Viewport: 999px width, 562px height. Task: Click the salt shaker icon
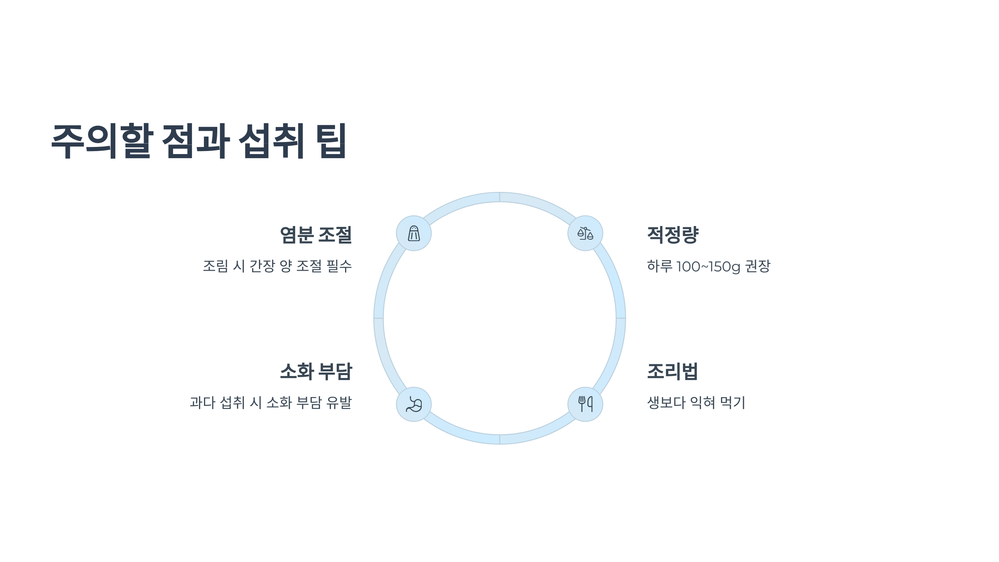[414, 233]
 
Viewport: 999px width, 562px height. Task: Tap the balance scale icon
[585, 233]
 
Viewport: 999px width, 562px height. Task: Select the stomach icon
[414, 404]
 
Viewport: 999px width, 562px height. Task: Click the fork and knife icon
[585, 404]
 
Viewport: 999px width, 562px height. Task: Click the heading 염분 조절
[316, 235]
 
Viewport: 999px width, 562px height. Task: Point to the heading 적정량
[673, 235]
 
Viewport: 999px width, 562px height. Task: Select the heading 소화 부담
[316, 371]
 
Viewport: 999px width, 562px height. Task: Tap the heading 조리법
[672, 371]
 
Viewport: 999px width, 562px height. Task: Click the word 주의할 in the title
[102, 141]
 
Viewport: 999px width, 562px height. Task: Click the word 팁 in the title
[331, 141]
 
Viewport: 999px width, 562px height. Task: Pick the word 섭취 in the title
[271, 141]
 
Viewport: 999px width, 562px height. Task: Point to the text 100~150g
[708, 266]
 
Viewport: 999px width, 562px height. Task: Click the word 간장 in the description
[262, 266]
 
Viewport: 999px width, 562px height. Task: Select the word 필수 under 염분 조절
[339, 266]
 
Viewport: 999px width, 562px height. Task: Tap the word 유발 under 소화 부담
[339, 403]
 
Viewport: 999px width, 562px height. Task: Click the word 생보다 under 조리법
[666, 403]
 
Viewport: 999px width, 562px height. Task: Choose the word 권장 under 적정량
[758, 266]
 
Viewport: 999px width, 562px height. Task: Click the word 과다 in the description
[202, 403]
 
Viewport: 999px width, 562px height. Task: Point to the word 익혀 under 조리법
[703, 403]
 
